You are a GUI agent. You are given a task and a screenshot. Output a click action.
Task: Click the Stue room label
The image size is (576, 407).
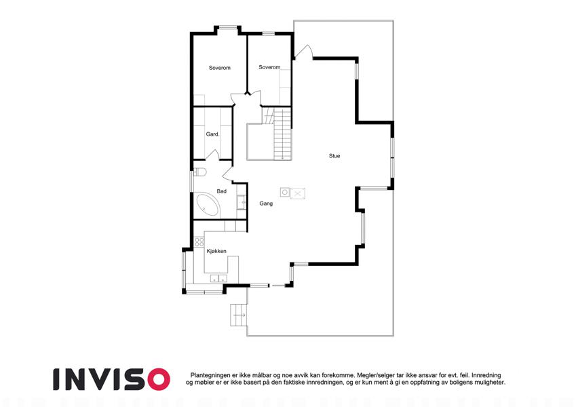334,156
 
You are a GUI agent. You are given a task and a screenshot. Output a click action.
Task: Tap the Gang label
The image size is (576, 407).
266,203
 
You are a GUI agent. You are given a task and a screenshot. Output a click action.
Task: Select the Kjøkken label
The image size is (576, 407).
216,251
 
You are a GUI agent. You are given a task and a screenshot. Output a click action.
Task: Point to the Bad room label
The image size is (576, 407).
221,191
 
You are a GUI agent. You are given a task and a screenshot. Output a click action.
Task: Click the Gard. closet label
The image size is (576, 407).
212,134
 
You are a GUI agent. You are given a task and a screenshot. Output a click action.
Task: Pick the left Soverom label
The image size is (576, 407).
220,68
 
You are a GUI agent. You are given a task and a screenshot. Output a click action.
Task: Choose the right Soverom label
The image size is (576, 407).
269,67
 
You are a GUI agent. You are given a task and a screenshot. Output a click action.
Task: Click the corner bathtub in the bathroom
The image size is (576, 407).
208,204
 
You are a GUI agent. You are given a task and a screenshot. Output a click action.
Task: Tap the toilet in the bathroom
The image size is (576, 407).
200,172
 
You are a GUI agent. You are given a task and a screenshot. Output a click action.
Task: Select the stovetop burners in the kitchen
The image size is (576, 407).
199,241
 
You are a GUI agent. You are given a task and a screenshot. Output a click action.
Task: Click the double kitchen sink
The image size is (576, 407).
218,278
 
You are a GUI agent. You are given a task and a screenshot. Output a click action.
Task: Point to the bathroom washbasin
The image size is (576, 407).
242,201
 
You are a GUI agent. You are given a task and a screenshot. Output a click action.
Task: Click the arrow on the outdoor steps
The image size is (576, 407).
241,315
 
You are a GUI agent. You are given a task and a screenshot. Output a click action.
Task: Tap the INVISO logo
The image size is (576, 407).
111,379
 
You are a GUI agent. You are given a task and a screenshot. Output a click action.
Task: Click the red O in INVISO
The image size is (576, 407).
157,379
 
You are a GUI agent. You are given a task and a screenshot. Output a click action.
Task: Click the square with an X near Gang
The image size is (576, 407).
298,193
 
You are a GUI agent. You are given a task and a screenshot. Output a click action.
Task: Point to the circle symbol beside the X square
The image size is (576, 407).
285,192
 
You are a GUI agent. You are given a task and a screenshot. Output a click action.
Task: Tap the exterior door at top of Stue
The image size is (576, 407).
303,52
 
